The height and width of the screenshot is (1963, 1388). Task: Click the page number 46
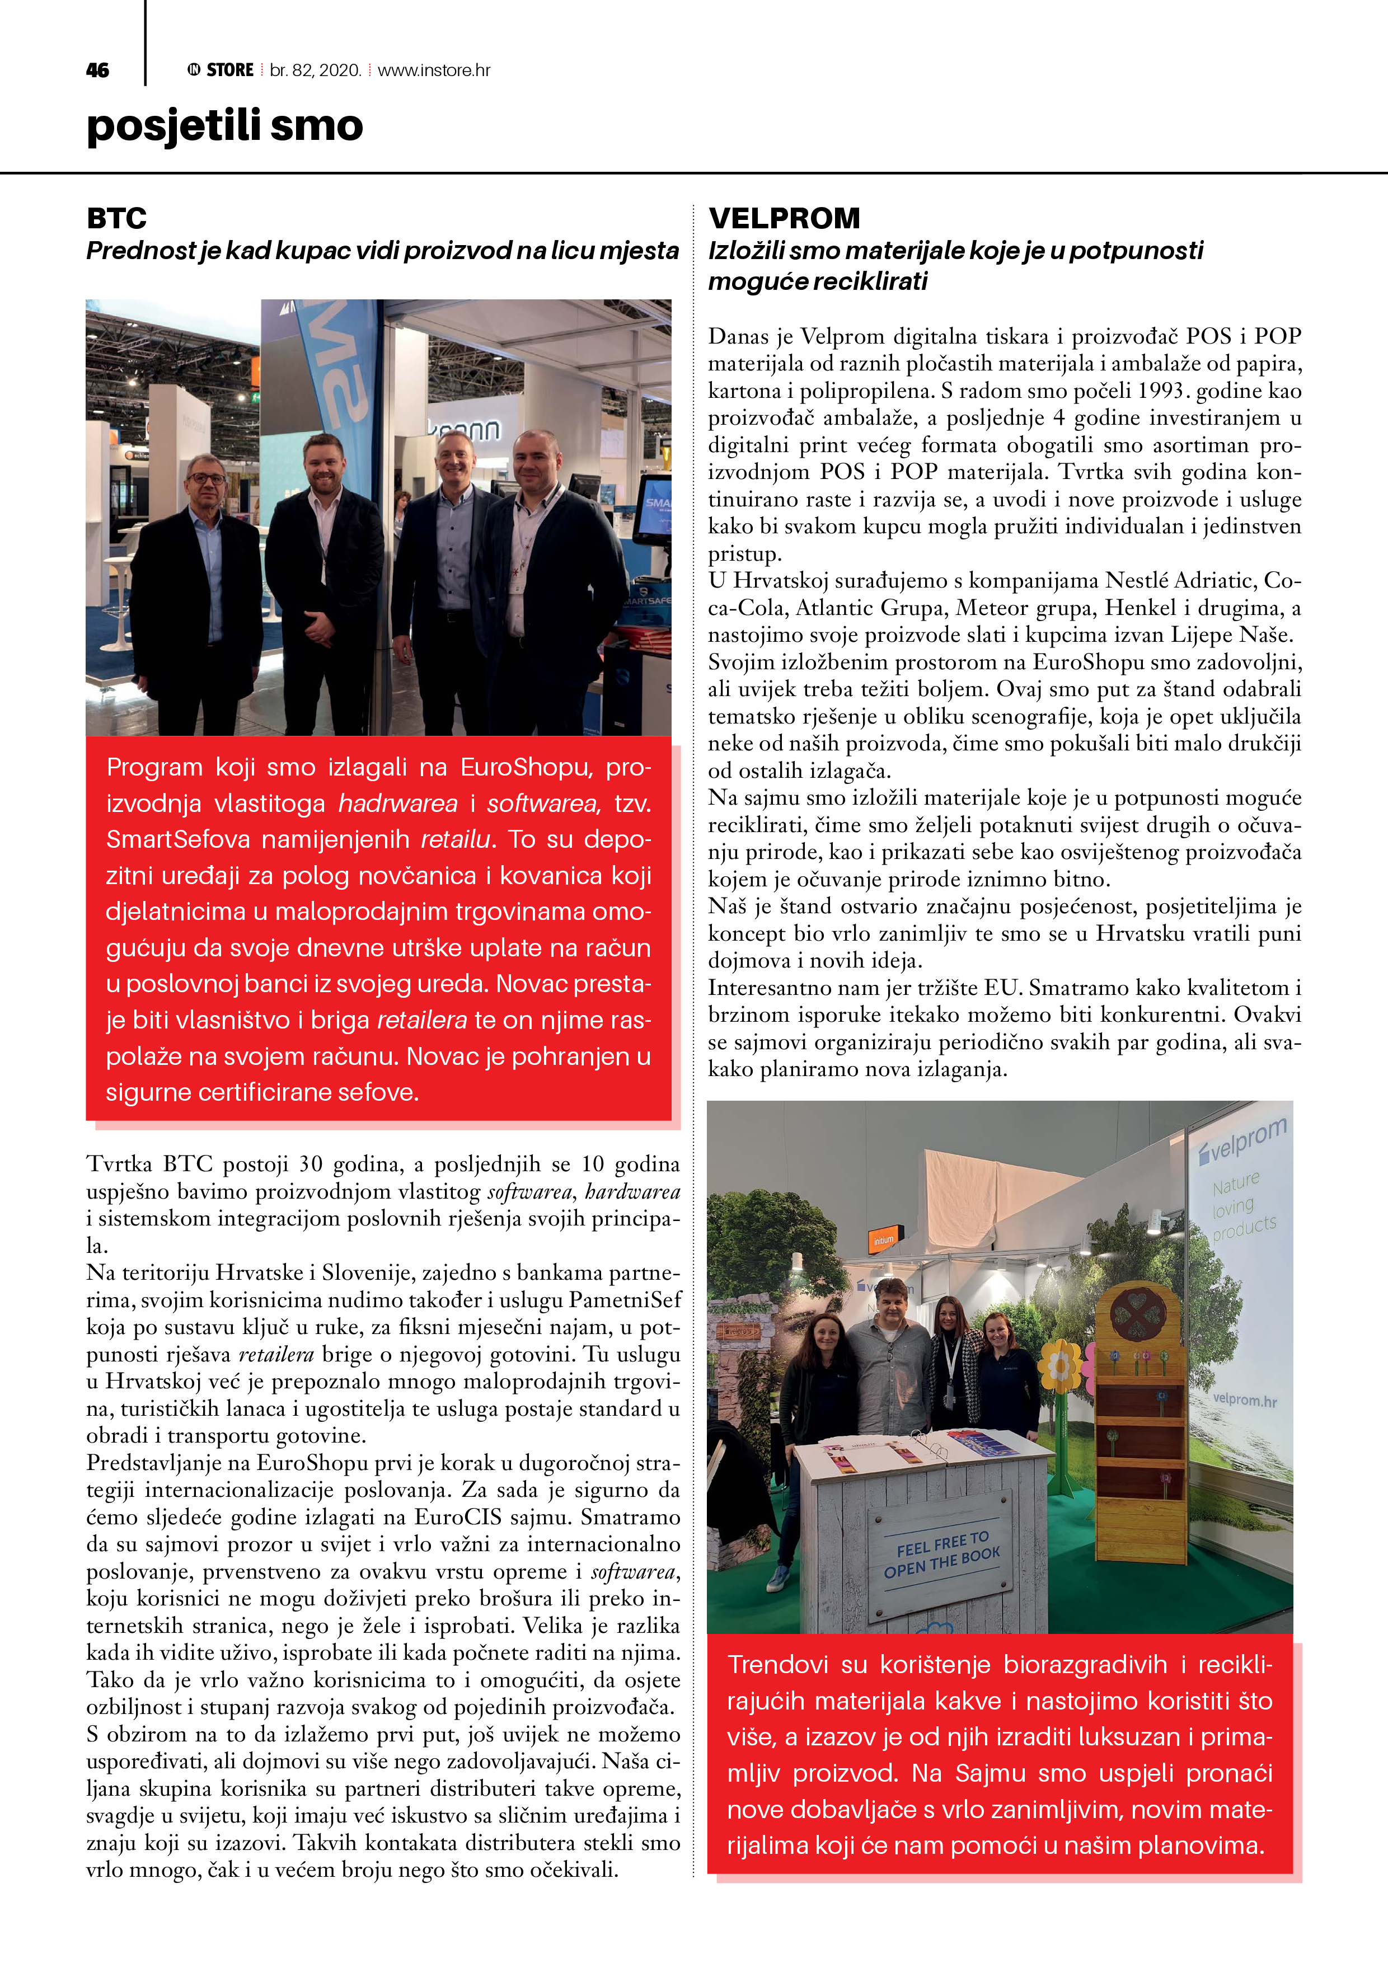tap(97, 70)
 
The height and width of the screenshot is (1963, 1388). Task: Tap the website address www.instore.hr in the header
tap(434, 70)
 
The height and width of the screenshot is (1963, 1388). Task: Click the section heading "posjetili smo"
tap(225, 126)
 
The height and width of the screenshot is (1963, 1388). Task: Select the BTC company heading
tap(116, 218)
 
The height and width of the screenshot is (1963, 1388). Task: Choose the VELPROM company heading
tap(784, 218)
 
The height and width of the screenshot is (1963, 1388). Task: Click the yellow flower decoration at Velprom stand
tap(1061, 1366)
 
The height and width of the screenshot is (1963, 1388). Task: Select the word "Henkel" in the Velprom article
tap(1140, 608)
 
